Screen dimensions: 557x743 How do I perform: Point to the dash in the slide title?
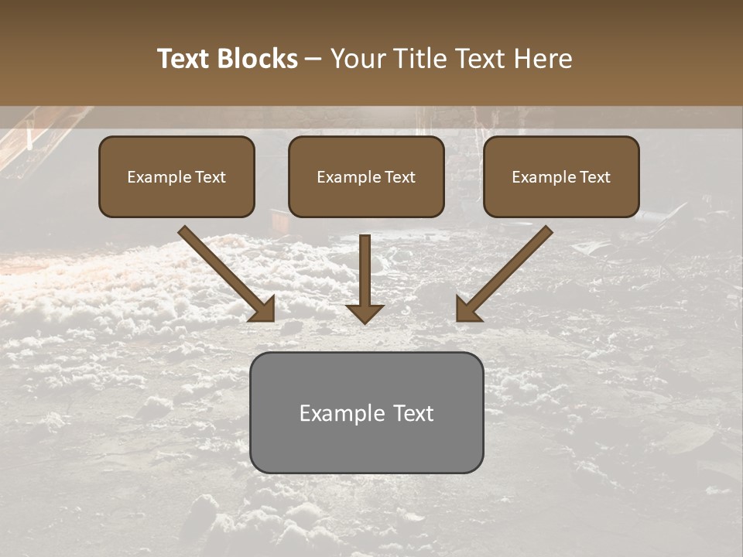point(313,60)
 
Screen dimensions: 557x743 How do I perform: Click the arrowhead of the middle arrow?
point(365,313)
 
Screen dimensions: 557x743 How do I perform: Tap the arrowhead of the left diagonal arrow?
point(264,309)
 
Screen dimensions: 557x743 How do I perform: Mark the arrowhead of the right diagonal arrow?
point(467,309)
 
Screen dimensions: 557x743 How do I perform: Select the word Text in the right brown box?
point(594,177)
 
